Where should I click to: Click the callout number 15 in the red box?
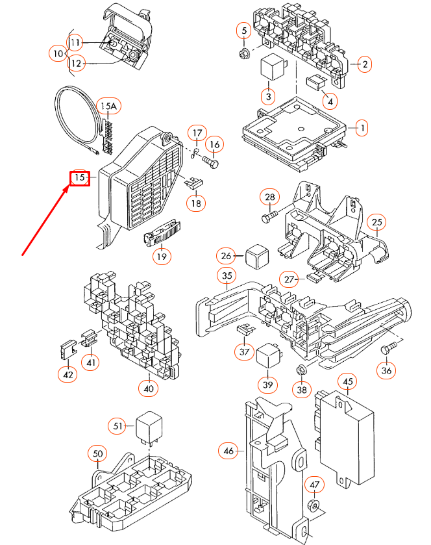coord(79,177)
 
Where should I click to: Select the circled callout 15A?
coord(108,105)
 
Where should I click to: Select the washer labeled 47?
coord(314,506)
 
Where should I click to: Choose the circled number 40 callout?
coord(149,389)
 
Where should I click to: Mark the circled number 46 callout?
coord(228,450)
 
